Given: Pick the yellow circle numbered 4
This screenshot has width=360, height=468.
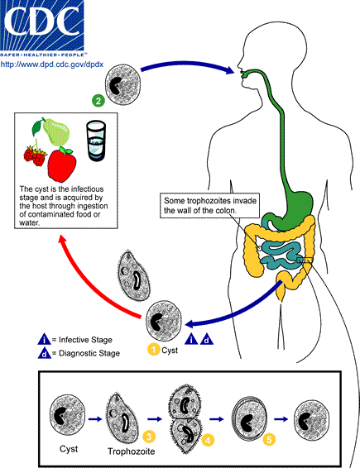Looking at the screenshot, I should tap(208, 441).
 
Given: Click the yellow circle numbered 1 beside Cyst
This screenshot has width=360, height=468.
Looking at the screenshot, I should tap(153, 350).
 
